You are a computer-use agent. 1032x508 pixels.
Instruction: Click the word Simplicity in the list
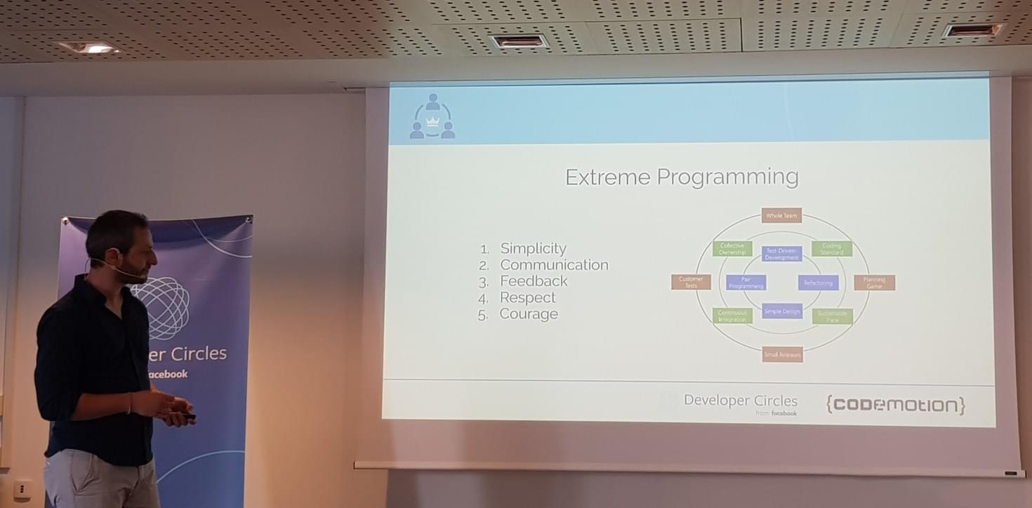pyautogui.click(x=532, y=248)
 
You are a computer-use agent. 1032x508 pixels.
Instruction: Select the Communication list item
pyautogui.click(x=553, y=265)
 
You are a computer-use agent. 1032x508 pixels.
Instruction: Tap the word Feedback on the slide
pyautogui.click(x=533, y=281)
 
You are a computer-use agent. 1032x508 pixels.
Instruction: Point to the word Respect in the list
pyautogui.click(x=527, y=297)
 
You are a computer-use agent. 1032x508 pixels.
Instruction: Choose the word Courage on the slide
pyautogui.click(x=528, y=314)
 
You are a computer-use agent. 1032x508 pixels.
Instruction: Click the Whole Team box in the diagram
pyautogui.click(x=781, y=216)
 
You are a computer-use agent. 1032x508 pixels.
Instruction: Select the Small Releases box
pyautogui.click(x=782, y=355)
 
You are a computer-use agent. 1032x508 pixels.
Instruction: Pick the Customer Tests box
pyautogui.click(x=691, y=282)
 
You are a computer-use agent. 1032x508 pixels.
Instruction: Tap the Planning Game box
pyautogui.click(x=874, y=282)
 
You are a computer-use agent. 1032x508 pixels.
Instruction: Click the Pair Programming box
pyautogui.click(x=746, y=283)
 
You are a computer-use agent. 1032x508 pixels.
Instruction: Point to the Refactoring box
pyautogui.click(x=818, y=283)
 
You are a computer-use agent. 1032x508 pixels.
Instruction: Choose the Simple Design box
pyautogui.click(x=781, y=311)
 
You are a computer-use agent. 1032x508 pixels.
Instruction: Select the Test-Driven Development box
pyautogui.click(x=781, y=254)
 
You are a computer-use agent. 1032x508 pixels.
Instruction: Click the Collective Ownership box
pyautogui.click(x=732, y=249)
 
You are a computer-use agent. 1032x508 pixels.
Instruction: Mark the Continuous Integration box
pyautogui.click(x=732, y=316)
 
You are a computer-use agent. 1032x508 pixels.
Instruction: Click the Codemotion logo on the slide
pyautogui.click(x=895, y=405)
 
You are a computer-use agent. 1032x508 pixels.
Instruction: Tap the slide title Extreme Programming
pyautogui.click(x=682, y=177)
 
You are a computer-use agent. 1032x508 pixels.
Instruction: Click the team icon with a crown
pyautogui.click(x=432, y=117)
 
